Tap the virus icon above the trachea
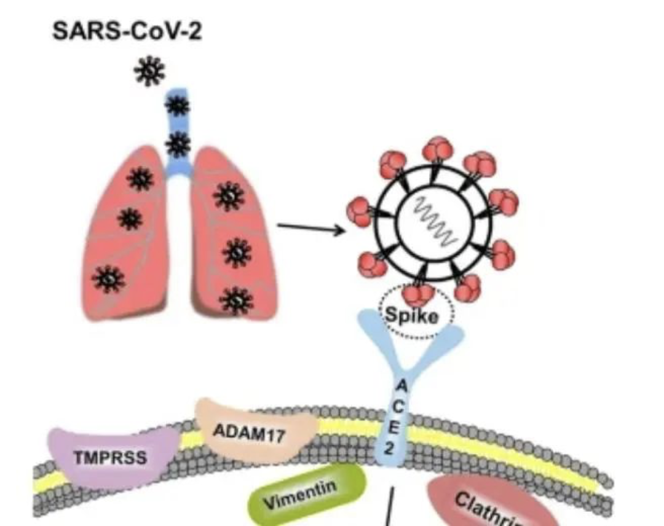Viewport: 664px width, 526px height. click(x=149, y=71)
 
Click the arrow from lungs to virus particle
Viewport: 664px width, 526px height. click(x=311, y=229)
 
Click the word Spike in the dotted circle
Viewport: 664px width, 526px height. click(x=412, y=316)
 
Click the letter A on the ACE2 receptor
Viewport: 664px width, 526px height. click(x=400, y=385)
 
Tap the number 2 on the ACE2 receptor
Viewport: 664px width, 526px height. click(x=390, y=449)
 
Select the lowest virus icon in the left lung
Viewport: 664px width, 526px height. click(x=108, y=279)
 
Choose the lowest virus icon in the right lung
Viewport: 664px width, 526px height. click(x=236, y=300)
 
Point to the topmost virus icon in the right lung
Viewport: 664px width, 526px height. click(x=229, y=197)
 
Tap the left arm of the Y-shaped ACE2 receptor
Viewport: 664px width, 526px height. click(x=372, y=332)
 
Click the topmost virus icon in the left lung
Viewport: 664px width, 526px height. click(x=140, y=179)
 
